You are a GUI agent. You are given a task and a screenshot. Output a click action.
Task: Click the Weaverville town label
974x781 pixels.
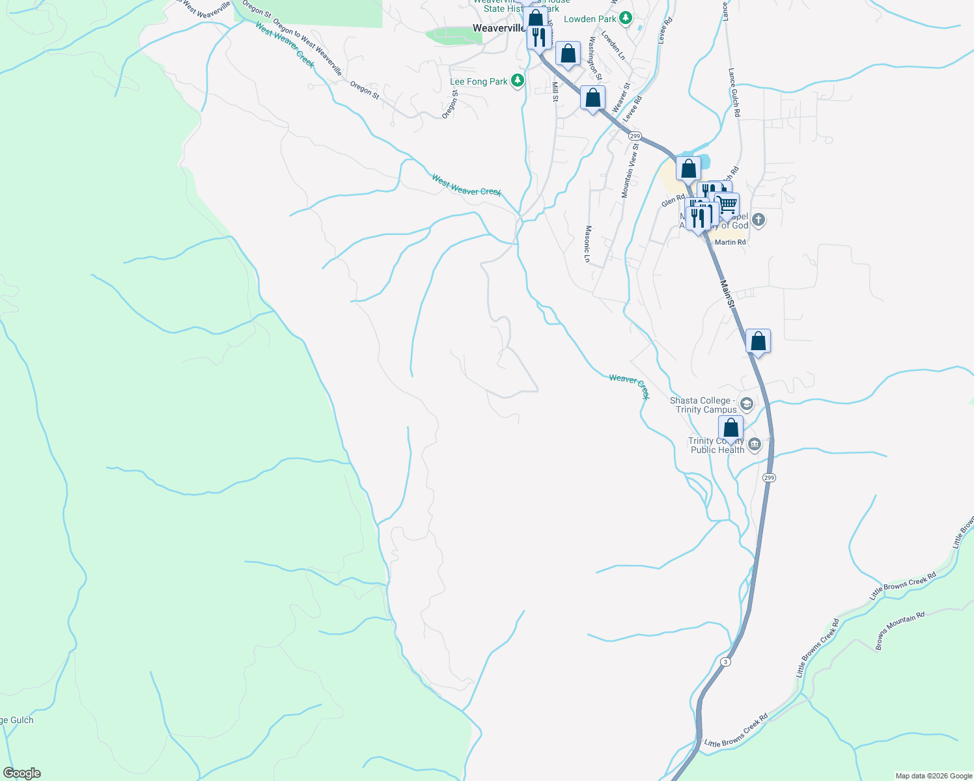tap(499, 28)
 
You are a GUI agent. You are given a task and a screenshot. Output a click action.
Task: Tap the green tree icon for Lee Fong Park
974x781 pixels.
tap(518, 81)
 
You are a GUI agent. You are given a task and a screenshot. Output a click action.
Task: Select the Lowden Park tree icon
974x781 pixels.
tap(625, 18)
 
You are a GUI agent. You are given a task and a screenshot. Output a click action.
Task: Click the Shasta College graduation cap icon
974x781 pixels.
tap(746, 404)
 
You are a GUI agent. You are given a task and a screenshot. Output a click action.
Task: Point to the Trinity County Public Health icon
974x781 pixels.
tap(755, 445)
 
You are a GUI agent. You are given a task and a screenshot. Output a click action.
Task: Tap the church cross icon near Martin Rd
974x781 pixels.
tap(758, 220)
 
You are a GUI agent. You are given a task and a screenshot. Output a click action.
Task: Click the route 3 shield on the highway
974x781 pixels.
tap(725, 662)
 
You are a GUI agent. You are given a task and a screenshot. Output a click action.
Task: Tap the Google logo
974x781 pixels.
tap(22, 773)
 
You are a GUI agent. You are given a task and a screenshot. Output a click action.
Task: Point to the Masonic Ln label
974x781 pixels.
tap(587, 244)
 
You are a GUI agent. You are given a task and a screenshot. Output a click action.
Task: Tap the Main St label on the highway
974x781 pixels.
tap(728, 294)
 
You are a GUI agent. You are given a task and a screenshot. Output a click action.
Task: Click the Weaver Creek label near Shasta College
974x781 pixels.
tap(629, 386)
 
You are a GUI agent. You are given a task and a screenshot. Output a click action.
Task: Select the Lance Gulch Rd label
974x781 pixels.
tap(734, 92)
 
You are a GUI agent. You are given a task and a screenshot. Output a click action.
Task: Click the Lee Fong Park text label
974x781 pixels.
tap(479, 82)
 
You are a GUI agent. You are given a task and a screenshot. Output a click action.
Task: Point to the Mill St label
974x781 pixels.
tap(555, 91)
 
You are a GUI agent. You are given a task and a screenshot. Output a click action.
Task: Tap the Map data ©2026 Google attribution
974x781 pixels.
tap(934, 776)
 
